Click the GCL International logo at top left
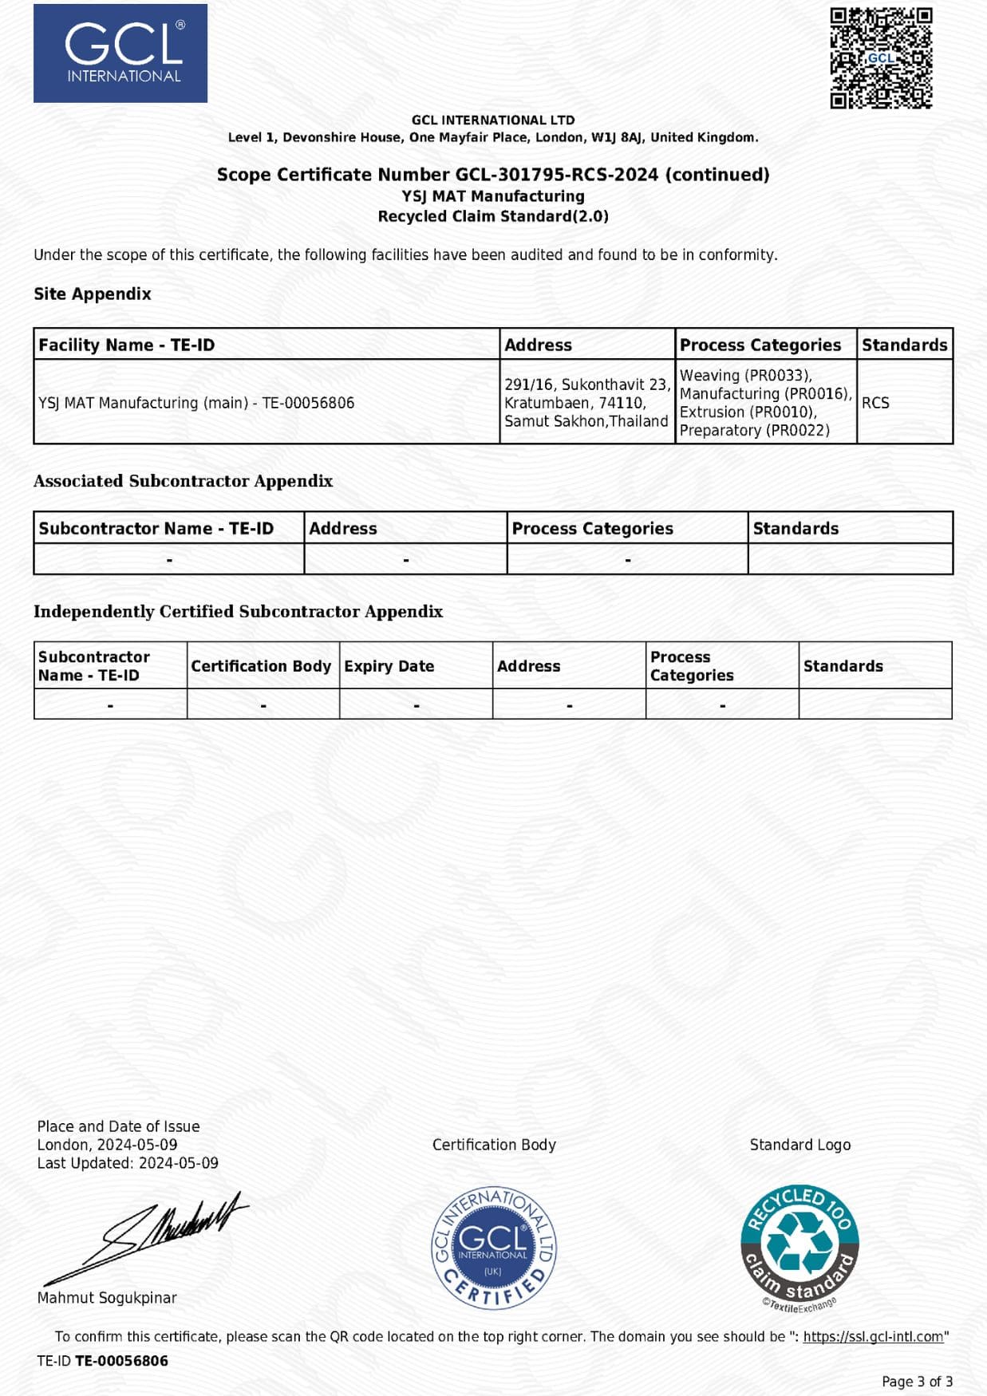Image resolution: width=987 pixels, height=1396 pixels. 120,53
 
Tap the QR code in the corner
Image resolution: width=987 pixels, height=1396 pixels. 881,57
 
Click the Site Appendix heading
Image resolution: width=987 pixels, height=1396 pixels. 93,294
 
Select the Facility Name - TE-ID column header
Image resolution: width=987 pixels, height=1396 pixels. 127,345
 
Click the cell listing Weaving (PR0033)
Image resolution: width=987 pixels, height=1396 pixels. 764,402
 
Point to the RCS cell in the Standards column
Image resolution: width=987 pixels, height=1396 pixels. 875,403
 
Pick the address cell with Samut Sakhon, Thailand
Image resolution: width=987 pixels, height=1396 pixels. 586,402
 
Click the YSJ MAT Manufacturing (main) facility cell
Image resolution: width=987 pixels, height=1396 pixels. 196,403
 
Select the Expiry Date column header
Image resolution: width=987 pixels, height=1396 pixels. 389,666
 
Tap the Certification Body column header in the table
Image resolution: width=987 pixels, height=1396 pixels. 261,666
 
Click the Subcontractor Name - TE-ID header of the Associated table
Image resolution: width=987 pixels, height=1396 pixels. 156,528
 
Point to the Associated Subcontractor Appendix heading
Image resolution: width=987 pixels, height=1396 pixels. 183,481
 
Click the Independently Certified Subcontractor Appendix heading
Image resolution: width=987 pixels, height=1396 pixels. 238,611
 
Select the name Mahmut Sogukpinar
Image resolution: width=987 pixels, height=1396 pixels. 107,1298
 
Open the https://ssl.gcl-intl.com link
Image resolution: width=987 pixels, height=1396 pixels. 873,1336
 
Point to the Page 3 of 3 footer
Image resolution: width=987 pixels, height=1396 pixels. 917,1381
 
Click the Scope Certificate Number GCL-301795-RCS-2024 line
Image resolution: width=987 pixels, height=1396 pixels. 493,175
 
